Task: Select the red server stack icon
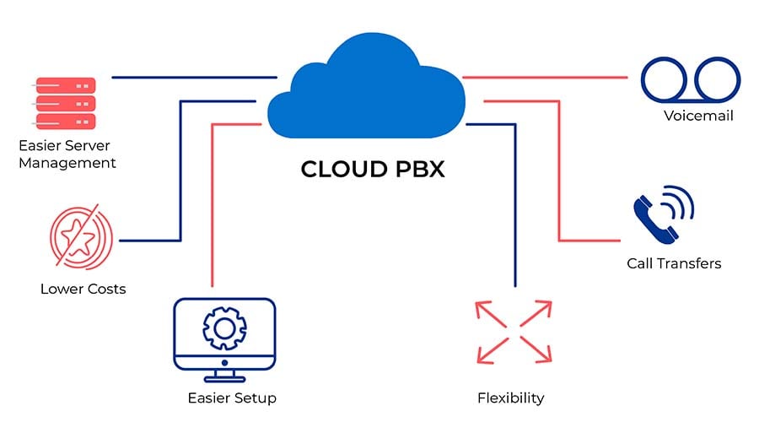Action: click(63, 102)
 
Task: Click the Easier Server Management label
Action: click(67, 154)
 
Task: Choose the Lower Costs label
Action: click(83, 289)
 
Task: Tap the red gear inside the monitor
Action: click(224, 327)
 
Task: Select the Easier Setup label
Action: click(232, 398)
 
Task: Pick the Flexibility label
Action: click(510, 398)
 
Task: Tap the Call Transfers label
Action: click(674, 263)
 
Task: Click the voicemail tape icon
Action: click(691, 78)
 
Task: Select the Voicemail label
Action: click(697, 116)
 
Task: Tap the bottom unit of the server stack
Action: click(63, 120)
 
